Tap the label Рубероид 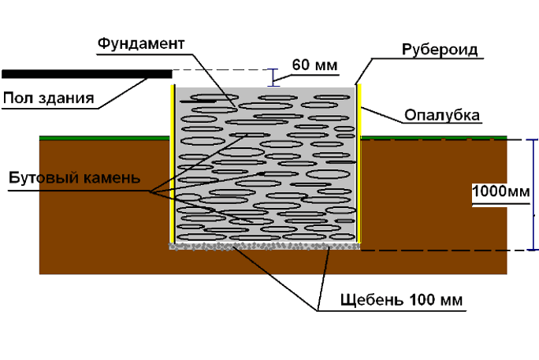click(436, 51)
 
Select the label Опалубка click(442, 116)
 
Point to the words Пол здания click(49, 98)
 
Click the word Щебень click(370, 301)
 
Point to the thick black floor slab click(87, 74)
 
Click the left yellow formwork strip click(173, 165)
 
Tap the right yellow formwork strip click(359, 165)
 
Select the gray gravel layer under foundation click(265, 247)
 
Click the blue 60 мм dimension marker click(273, 76)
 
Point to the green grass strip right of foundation click(433, 138)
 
